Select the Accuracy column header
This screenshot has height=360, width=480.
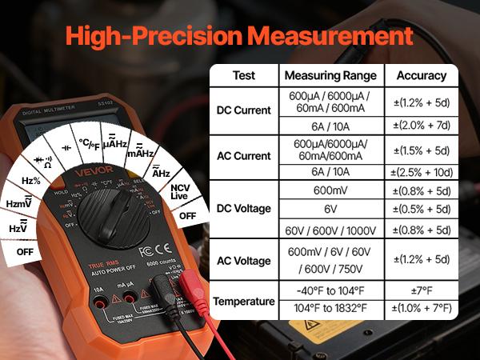pyautogui.click(x=421, y=76)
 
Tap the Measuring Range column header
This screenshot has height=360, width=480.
pyautogui.click(x=330, y=76)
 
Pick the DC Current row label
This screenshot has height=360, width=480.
pyautogui.click(x=244, y=110)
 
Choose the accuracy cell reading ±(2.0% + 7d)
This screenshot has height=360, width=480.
pyautogui.click(x=421, y=126)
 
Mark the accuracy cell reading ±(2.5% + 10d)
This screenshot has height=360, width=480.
pyautogui.click(x=421, y=171)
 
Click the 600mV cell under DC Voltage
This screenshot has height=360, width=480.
pyautogui.click(x=330, y=191)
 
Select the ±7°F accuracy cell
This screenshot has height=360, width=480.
pyautogui.click(x=421, y=289)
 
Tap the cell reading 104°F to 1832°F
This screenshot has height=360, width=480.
pyautogui.click(x=330, y=308)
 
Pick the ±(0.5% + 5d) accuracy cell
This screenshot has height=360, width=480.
pyautogui.click(x=421, y=210)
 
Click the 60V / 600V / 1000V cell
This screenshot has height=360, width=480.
pyautogui.click(x=330, y=230)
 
